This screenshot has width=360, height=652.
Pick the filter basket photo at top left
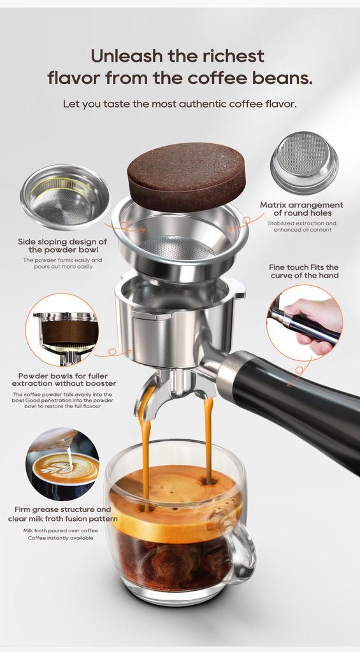pos(65,197)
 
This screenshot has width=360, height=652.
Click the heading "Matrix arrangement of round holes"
pos(301,209)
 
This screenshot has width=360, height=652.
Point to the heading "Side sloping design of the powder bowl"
pos(62,246)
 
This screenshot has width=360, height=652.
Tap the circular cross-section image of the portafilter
pos(62,329)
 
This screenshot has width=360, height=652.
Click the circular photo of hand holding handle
pos(304,323)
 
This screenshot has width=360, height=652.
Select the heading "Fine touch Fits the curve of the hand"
pos(304,271)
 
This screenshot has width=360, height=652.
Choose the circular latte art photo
pos(62,464)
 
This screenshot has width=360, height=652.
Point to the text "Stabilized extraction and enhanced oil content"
pos(301,226)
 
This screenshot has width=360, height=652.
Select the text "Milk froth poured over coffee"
pos(61,530)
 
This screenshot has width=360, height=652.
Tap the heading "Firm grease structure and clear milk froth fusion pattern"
pos(62,514)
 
